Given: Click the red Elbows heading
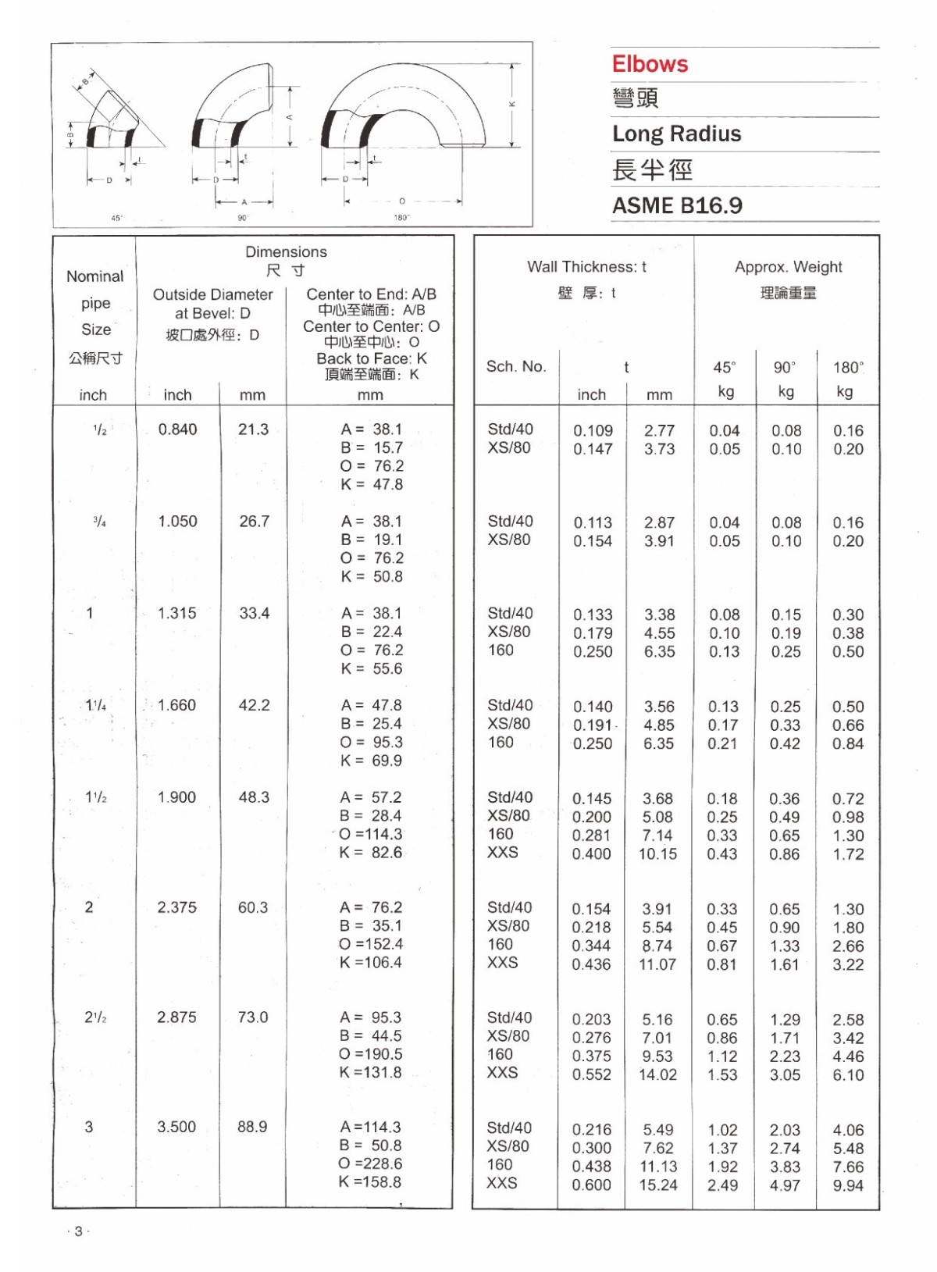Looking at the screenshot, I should tap(650, 64).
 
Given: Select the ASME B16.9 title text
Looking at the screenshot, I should tap(677, 205).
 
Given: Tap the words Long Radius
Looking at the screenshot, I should tap(676, 134).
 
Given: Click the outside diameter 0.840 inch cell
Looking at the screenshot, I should tap(177, 429).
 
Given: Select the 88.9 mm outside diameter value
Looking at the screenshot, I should tap(252, 1127).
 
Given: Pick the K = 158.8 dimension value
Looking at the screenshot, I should tap(370, 1182).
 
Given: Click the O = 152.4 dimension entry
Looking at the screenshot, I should tap(371, 944).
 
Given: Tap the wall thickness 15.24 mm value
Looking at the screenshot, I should tap(658, 1185).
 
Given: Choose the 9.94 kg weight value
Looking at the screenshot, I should tap(848, 1185).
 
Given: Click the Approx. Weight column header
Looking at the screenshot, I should tap(788, 267).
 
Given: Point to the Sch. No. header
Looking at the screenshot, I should tap(516, 366).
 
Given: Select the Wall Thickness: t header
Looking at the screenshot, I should tap(586, 267).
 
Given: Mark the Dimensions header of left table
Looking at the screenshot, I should tap(286, 252).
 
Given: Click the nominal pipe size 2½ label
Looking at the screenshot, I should tap(95, 1017).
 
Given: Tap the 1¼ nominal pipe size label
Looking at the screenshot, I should tap(95, 705).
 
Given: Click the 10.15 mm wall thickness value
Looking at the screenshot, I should tap(657, 854).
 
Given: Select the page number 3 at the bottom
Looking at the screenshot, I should tap(78, 1231).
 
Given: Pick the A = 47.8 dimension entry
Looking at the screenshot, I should tap(371, 705).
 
